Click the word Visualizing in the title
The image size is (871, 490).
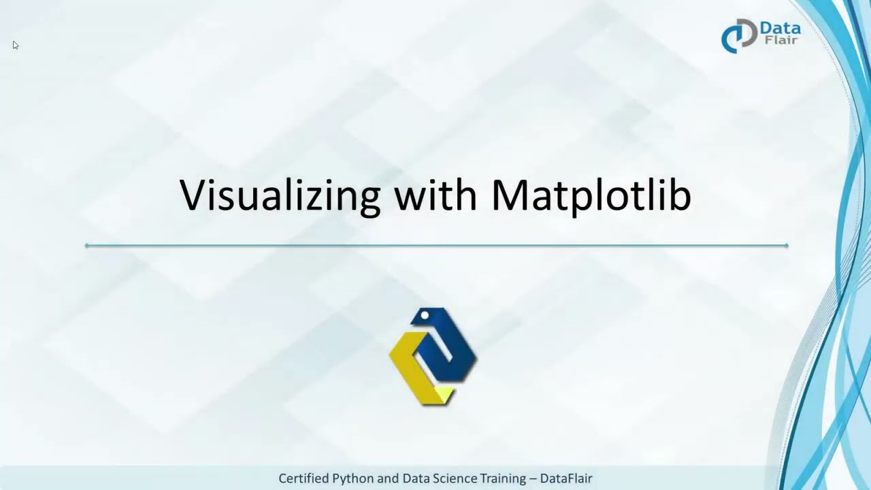(x=280, y=196)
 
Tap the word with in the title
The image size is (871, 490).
(x=435, y=195)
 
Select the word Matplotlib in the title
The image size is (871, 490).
(x=591, y=195)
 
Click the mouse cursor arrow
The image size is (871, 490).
(x=15, y=45)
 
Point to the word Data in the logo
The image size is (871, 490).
(x=780, y=29)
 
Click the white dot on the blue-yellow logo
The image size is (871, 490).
(x=425, y=316)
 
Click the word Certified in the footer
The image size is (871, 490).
(x=303, y=478)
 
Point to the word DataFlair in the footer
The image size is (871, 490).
(x=566, y=478)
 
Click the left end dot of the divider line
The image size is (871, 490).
(x=87, y=246)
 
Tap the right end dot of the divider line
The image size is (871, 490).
(x=787, y=246)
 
